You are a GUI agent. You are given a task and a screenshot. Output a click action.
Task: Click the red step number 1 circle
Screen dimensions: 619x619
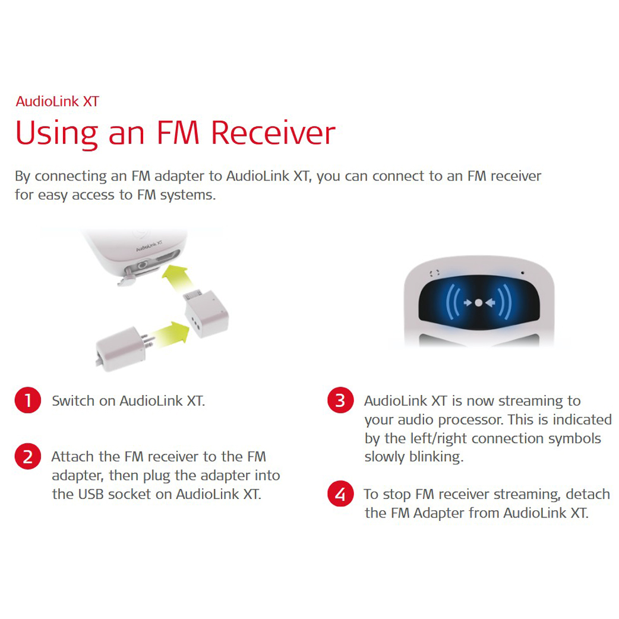[x=28, y=400]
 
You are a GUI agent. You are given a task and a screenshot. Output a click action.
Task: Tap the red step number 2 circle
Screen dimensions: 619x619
[x=28, y=456]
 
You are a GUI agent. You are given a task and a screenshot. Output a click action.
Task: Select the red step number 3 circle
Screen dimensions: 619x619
[x=340, y=400]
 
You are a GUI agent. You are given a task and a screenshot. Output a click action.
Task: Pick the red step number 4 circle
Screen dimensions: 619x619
[x=340, y=494]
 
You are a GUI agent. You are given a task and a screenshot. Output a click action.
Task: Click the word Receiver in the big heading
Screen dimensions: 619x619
[x=273, y=132]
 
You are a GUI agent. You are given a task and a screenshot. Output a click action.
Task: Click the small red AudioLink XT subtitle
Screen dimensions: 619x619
[x=57, y=102]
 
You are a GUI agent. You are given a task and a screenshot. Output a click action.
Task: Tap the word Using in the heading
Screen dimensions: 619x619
[x=56, y=134]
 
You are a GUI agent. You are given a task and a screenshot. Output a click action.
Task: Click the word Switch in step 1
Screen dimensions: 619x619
[x=73, y=401]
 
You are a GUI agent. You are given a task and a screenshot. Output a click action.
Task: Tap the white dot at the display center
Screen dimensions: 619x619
[x=478, y=303]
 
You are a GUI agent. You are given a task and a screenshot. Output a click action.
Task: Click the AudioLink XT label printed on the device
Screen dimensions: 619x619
[x=149, y=245]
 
